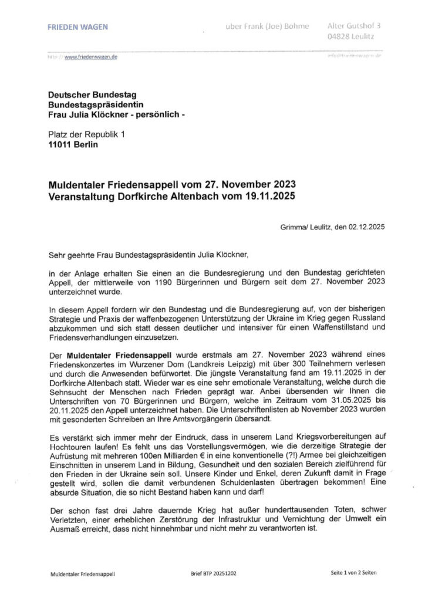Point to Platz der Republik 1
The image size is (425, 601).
(87, 134)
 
